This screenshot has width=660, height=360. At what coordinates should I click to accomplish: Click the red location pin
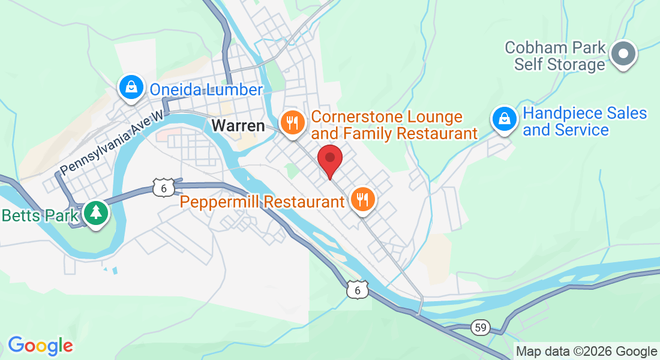[329, 160]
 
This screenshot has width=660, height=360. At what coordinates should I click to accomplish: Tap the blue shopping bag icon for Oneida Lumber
[131, 88]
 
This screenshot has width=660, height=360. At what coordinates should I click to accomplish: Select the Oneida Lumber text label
[206, 90]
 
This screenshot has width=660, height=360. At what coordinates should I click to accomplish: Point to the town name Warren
[238, 126]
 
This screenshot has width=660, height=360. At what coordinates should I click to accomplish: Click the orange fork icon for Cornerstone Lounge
[293, 124]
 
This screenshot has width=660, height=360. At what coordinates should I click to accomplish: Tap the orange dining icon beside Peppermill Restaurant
[362, 199]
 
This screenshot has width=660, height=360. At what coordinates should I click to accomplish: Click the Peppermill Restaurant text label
[263, 202]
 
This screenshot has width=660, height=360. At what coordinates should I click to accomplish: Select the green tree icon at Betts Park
[95, 213]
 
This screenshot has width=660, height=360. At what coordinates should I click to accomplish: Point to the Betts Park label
[40, 215]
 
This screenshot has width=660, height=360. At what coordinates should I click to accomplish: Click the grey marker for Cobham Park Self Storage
[623, 54]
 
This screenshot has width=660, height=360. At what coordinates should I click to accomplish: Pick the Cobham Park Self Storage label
[556, 56]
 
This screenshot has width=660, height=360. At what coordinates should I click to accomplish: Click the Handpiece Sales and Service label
[584, 121]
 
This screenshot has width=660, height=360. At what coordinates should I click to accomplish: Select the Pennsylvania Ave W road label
[112, 145]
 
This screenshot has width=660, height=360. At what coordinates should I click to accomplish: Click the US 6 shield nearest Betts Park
[163, 186]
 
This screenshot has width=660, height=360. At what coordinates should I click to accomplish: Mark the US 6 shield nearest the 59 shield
[358, 289]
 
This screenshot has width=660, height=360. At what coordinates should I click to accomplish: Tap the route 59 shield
[479, 327]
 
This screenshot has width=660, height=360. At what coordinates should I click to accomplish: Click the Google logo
[40, 346]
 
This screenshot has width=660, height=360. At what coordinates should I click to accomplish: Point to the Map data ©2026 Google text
[587, 352]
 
